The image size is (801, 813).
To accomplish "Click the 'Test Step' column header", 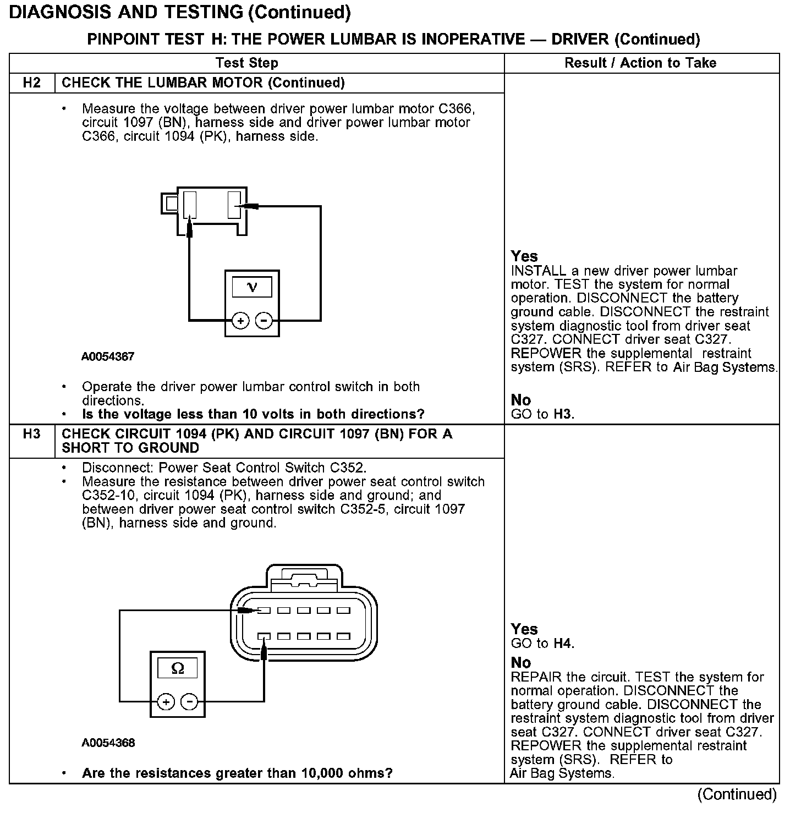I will (x=246, y=63).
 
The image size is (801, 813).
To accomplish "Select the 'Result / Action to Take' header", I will (x=640, y=63).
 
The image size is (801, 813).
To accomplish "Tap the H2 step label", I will (x=32, y=83).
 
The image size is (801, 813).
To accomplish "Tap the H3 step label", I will (x=32, y=435).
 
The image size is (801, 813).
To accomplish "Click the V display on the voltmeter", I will (x=252, y=287).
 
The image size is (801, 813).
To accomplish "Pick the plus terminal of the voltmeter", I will (x=240, y=320).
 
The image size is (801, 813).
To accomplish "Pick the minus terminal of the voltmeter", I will (x=264, y=320).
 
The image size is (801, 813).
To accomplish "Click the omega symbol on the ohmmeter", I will (x=178, y=668).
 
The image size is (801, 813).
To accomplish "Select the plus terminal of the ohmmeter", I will (x=166, y=702).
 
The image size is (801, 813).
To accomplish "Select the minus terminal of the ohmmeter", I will (x=190, y=702).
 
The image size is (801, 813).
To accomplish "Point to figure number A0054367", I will (x=108, y=356).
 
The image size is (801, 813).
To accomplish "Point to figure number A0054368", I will (x=108, y=743).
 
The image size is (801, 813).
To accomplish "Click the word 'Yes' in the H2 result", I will (x=524, y=256).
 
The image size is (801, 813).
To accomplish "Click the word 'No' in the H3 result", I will (x=520, y=662).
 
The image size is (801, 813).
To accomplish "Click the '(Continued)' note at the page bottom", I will (x=737, y=794).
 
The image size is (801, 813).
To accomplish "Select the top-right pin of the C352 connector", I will (x=344, y=611).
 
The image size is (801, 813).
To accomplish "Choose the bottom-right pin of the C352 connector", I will (x=344, y=636).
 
